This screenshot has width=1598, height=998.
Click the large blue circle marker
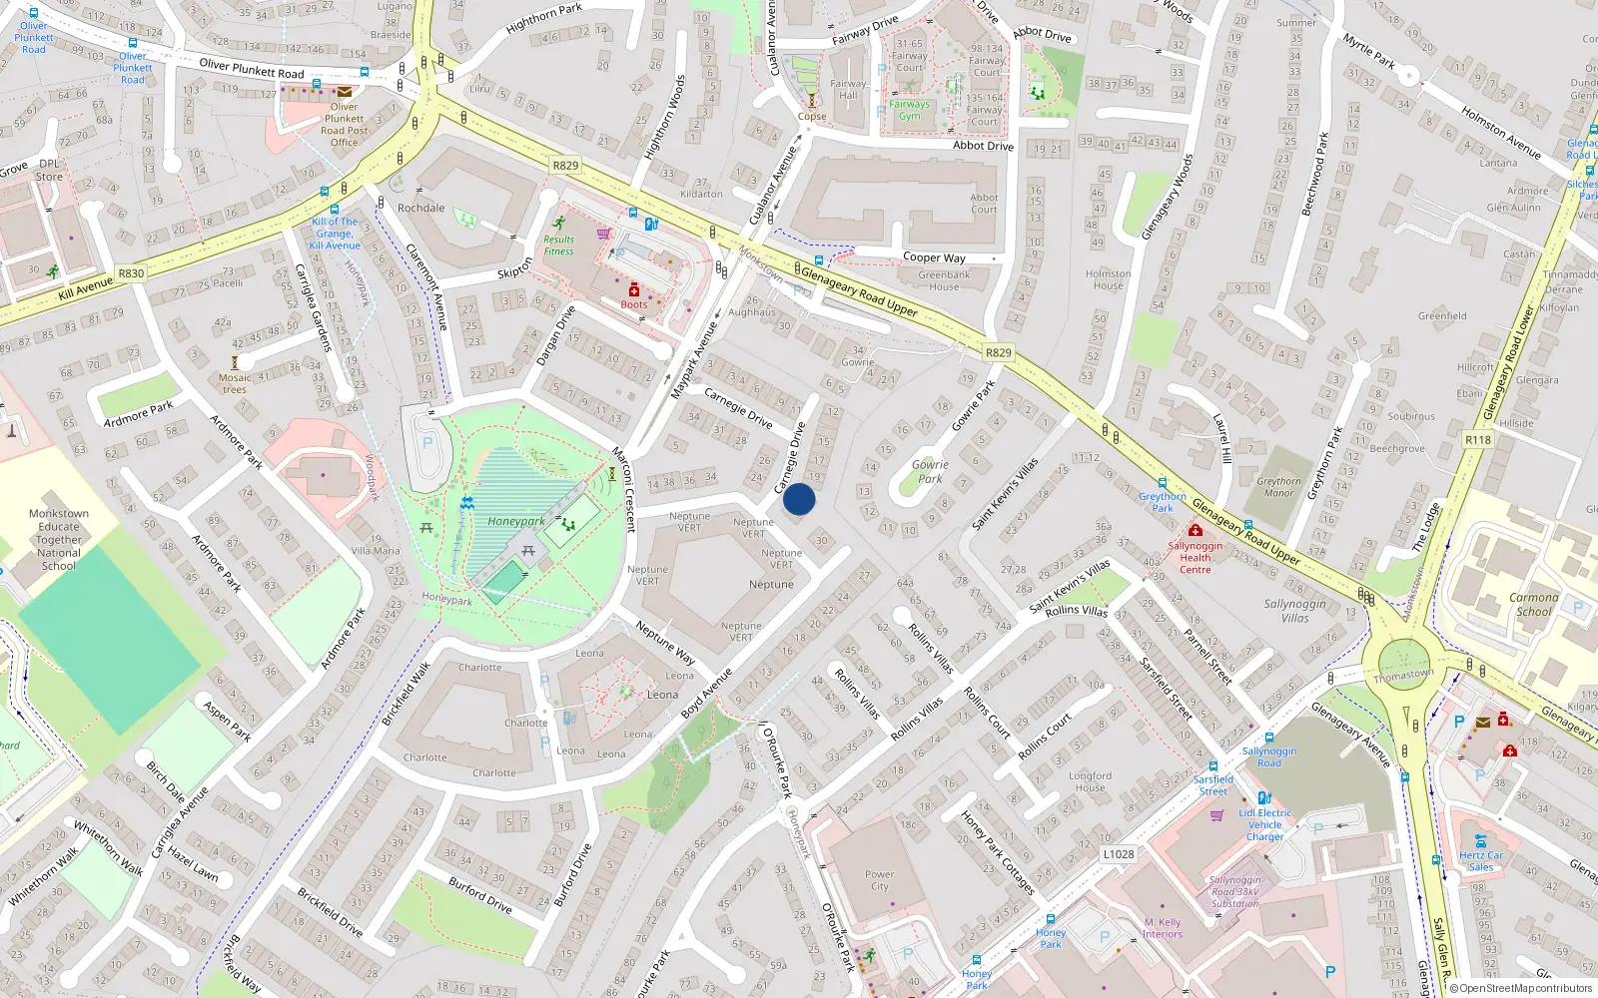coord(799,499)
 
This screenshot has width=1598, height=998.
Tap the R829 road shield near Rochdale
coord(565,166)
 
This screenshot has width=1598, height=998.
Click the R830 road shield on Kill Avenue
coord(131,272)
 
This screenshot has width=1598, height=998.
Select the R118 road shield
coord(1478,439)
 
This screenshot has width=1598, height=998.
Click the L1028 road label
coord(1119,854)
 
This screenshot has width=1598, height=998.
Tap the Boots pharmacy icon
coord(633,289)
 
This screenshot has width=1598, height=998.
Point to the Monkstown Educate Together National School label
coord(59,540)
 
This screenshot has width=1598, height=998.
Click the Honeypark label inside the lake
coord(516,521)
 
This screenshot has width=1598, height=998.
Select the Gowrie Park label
coord(930,471)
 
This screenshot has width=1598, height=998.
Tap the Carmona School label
coord(1533,605)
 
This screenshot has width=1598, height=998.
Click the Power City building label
coord(879,880)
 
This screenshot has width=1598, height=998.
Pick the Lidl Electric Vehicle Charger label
coord(1264,824)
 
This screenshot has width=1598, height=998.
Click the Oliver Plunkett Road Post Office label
coord(345,125)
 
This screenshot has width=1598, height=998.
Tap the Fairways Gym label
coord(909,110)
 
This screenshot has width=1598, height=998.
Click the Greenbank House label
coord(944,280)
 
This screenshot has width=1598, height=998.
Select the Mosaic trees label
coord(235,383)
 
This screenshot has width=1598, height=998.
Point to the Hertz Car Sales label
coord(1480,861)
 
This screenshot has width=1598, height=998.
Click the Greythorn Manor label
coord(1278,487)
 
